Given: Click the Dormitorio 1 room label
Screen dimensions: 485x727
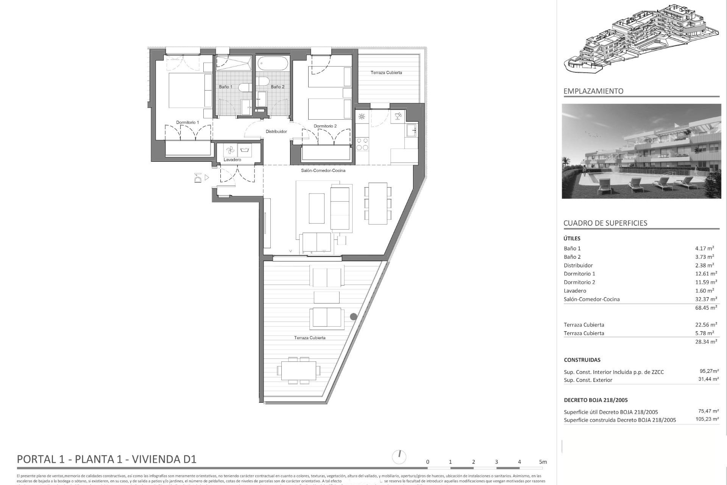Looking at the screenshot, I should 187,122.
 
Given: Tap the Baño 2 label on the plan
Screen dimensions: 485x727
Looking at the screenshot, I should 277,87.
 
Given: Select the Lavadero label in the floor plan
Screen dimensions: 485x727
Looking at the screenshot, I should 232,160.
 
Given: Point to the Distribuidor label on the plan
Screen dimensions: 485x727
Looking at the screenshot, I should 276,131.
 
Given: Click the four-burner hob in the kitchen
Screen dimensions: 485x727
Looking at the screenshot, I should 362,144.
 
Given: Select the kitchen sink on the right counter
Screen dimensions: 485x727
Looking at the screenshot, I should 411,130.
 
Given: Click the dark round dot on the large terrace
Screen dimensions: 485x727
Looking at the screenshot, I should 353,316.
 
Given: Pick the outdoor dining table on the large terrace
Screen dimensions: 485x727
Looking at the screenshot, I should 298,370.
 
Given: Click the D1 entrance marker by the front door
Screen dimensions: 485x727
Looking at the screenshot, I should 198,178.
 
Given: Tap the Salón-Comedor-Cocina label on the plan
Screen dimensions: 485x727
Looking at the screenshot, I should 323,171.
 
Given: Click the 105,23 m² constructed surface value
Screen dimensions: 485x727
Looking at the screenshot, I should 707,419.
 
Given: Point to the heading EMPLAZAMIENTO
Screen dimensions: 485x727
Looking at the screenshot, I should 593,91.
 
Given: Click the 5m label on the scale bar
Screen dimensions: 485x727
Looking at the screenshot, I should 543,462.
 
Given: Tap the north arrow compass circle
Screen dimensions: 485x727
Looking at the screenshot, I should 399,457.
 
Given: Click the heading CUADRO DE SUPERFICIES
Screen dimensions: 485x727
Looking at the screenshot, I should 605,223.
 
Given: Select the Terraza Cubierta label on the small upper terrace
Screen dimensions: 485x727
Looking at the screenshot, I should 386,72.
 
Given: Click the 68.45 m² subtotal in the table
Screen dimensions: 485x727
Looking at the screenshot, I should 706,308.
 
